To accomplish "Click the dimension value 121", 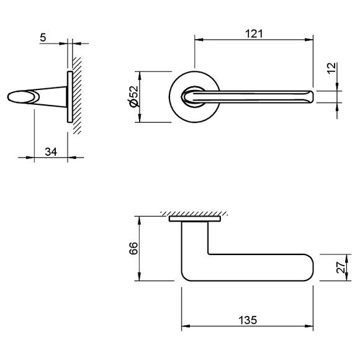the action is tap(254, 34).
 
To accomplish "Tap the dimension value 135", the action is tap(248, 320).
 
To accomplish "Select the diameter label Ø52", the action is tap(134, 96).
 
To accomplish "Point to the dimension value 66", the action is tap(133, 248).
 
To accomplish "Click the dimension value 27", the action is tap(341, 267).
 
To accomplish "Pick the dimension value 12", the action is tap(331, 68).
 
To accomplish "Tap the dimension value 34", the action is tap(51, 152).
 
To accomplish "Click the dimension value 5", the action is tap(43, 37).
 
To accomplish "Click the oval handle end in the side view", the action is tap(24, 97).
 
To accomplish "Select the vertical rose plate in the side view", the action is tap(70, 97).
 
